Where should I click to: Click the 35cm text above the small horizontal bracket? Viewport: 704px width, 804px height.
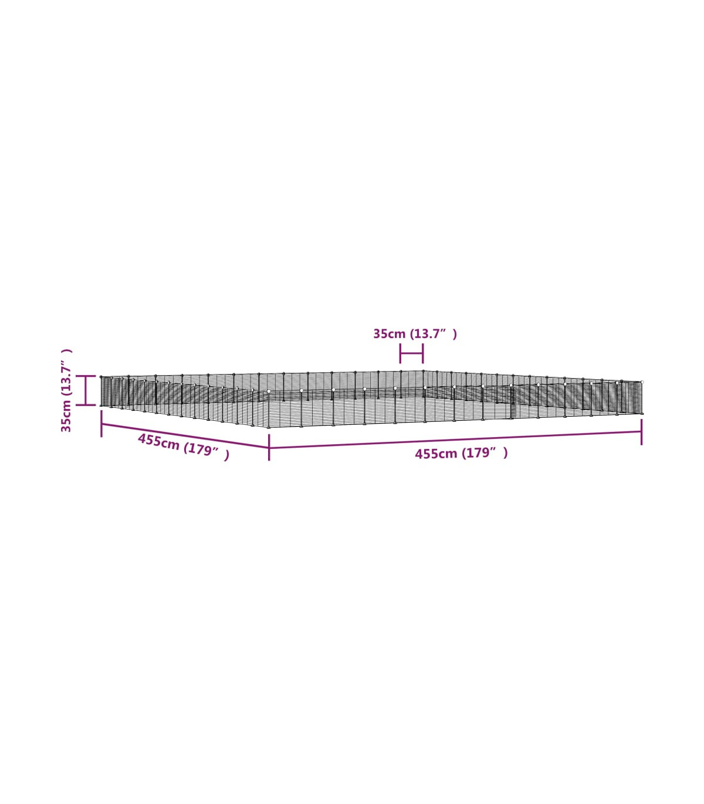coord(389,334)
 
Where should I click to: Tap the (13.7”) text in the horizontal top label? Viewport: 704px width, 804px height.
coord(434,334)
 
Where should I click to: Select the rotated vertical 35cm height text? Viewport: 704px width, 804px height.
coord(66,416)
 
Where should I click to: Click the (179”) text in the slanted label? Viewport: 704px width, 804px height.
coord(206,451)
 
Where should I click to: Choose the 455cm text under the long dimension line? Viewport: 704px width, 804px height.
coord(436,454)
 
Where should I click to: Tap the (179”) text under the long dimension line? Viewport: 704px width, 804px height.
coord(485,453)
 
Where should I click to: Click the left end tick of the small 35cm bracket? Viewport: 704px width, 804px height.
coord(400,353)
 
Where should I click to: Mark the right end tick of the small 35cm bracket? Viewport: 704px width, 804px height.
coord(423,353)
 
